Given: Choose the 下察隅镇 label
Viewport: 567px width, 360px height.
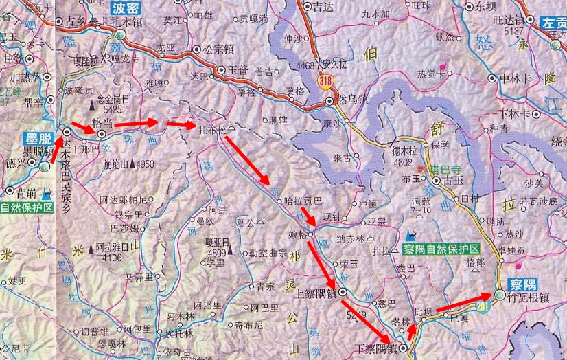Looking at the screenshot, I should tap(376, 349).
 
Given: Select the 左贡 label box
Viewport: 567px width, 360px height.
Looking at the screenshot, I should tap(553, 22).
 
